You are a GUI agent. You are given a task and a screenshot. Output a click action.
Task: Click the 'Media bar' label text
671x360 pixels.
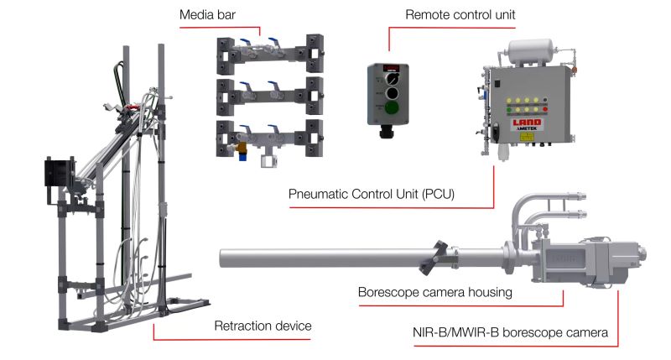[208, 17]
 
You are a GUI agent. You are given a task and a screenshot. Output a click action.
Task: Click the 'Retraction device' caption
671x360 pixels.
[257, 326]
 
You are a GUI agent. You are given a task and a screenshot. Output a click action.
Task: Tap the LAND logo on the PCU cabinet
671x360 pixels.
[527, 124]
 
